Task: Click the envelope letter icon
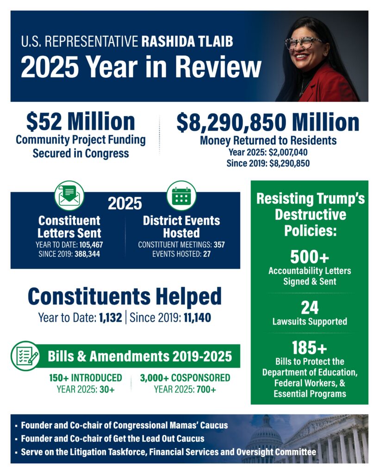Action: click(69, 196)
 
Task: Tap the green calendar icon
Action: click(181, 196)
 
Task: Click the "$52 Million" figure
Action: click(81, 121)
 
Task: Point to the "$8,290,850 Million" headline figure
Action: click(267, 122)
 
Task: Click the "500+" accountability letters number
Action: click(310, 257)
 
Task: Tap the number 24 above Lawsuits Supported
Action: click(310, 307)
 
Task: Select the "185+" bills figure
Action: click(310, 348)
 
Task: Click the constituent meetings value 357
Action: click(219, 244)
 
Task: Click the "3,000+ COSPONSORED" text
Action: click(185, 378)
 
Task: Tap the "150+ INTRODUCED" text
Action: click(86, 378)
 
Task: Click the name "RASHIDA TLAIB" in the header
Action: click(187, 42)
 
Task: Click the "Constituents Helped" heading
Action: click(124, 297)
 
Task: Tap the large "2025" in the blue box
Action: click(125, 203)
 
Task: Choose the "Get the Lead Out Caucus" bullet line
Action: click(112, 438)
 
